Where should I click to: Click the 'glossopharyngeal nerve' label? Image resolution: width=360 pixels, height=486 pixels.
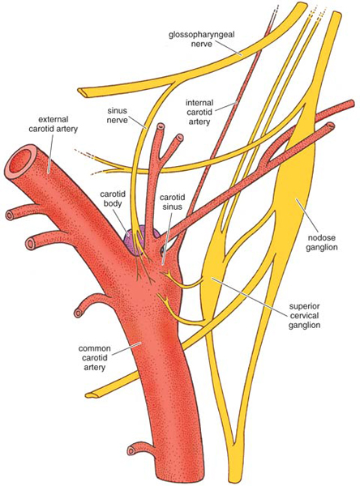click(202, 39)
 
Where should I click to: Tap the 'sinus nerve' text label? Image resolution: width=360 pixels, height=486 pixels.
click(118, 115)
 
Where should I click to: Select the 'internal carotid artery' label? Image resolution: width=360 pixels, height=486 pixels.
click(199, 112)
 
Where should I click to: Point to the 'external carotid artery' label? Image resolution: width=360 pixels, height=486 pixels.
click(53, 124)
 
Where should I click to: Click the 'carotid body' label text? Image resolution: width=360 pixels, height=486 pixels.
click(113, 198)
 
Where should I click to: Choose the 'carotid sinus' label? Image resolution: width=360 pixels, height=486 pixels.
click(172, 202)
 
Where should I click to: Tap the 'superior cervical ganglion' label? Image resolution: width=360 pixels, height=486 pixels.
click(304, 316)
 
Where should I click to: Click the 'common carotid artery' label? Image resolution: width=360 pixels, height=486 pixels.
click(95, 358)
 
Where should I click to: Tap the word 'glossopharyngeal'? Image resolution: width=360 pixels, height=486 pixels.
click(202, 35)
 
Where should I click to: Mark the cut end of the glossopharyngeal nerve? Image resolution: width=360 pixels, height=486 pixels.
click(84, 92)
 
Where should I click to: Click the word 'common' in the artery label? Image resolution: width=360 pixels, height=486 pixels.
click(95, 348)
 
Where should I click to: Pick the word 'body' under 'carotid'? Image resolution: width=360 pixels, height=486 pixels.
click(113, 203)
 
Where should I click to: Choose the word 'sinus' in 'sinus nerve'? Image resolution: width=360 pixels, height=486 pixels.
click(118, 110)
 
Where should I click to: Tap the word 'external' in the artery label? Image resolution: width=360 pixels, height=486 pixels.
click(53, 120)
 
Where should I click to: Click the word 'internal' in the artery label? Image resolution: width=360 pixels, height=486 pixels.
click(199, 103)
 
